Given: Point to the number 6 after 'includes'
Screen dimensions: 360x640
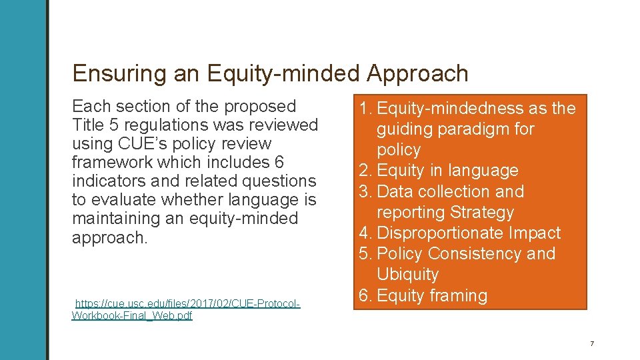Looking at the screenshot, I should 278,162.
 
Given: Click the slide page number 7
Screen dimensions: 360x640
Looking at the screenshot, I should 591,344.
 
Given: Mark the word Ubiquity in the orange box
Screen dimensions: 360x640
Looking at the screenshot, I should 407,274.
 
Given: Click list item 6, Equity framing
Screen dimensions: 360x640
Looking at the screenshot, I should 431,295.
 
